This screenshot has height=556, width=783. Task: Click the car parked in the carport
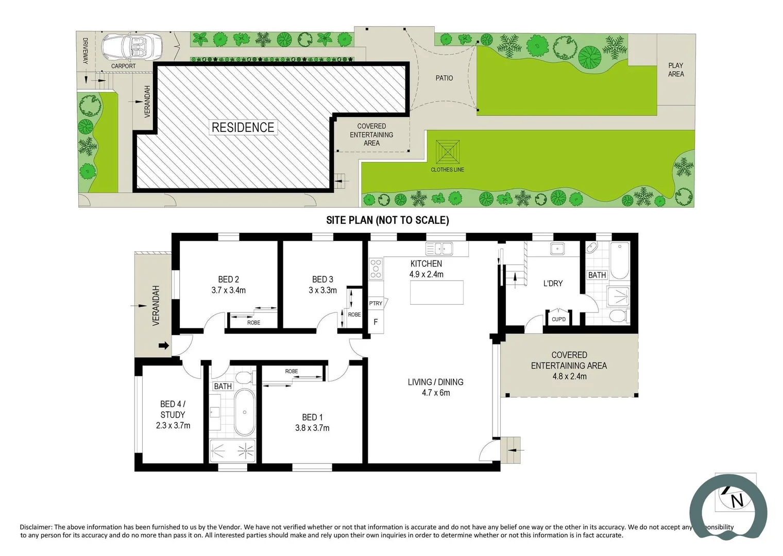pos(132,48)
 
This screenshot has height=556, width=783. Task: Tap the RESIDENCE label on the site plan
pos(243,127)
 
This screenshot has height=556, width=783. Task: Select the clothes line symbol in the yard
pos(447,152)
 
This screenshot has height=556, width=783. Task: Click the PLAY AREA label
pos(675,69)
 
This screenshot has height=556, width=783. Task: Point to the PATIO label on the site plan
pos(444,78)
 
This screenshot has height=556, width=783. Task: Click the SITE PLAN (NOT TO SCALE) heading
pos(387,220)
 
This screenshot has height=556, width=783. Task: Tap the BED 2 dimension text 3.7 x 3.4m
pos(228,290)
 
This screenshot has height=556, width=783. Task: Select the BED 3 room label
pos(322,279)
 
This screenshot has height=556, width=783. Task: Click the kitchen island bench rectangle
pos(436,292)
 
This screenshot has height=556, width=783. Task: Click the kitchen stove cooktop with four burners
pos(376,269)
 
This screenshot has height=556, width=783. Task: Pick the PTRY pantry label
pos(376,303)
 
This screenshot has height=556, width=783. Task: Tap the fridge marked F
pos(376,322)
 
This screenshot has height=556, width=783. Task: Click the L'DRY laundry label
pos(553,283)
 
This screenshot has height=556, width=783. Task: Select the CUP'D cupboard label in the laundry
pos(558,319)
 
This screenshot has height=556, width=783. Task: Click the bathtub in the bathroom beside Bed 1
pos(244,412)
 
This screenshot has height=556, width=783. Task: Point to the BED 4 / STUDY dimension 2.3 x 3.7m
pos(173,426)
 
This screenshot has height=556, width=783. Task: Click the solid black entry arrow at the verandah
pos(163,345)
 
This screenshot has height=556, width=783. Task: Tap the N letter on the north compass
pos(737,500)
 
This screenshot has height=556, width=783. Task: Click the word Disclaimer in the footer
pos(36,527)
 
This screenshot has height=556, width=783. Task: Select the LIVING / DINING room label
pos(435,382)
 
